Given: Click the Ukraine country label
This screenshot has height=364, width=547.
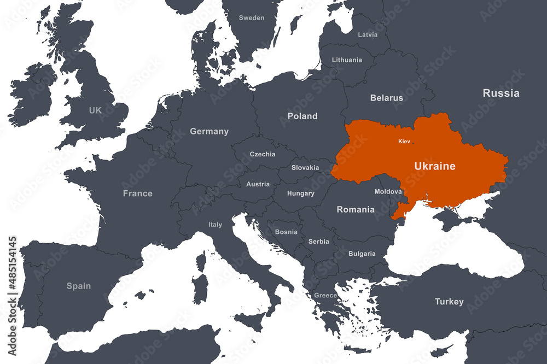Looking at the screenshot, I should pyautogui.click(x=434, y=166).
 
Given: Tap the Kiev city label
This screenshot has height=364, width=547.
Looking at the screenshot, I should pyautogui.click(x=404, y=142).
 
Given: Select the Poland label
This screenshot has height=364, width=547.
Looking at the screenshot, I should pyautogui.click(x=302, y=116).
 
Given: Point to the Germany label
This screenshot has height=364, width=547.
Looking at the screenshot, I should pyautogui.click(x=209, y=131).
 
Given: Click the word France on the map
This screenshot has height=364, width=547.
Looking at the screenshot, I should pyautogui.click(x=138, y=193).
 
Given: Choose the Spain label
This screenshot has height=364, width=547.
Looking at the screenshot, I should pyautogui.click(x=79, y=286).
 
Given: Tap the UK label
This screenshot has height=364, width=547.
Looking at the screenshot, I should pyautogui.click(x=95, y=110).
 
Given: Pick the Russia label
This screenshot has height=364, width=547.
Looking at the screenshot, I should pyautogui.click(x=501, y=93).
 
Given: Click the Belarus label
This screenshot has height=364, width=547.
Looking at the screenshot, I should pyautogui.click(x=387, y=98).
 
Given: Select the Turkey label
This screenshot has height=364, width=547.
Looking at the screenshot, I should pyautogui.click(x=449, y=302).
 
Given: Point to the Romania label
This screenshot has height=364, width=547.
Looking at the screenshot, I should pyautogui.click(x=356, y=209).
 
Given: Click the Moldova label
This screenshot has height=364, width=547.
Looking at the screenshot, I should pyautogui.click(x=388, y=192).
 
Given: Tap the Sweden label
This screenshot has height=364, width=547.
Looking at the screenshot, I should pyautogui.click(x=252, y=18).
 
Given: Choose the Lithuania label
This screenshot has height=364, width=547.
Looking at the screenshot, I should pyautogui.click(x=347, y=60).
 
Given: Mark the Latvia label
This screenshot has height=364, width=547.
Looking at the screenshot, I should pyautogui.click(x=368, y=34).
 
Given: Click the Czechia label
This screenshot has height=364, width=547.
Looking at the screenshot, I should pyautogui.click(x=263, y=154).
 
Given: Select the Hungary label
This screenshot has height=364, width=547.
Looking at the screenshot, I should pyautogui.click(x=301, y=193).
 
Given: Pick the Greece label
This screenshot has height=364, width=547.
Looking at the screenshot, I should pyautogui.click(x=325, y=296).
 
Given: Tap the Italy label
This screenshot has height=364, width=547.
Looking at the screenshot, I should pyautogui.click(x=215, y=225).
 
